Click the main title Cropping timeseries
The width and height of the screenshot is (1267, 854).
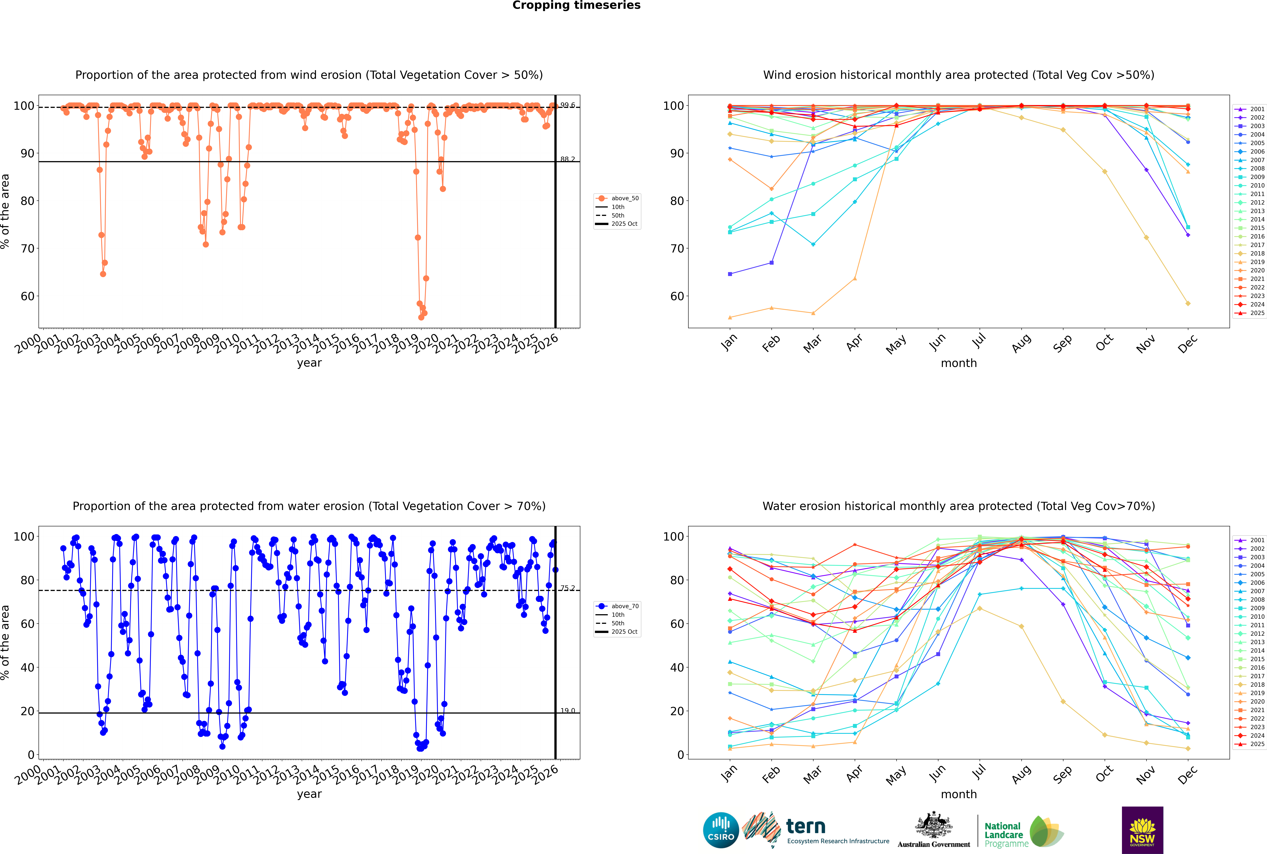point(576,5)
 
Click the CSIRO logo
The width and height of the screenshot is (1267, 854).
point(721,830)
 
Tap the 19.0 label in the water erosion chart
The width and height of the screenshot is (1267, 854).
point(568,711)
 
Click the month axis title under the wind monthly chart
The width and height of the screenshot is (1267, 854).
point(959,363)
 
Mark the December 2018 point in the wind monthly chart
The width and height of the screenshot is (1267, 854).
point(1188,303)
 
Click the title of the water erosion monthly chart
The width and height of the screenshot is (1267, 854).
point(959,506)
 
